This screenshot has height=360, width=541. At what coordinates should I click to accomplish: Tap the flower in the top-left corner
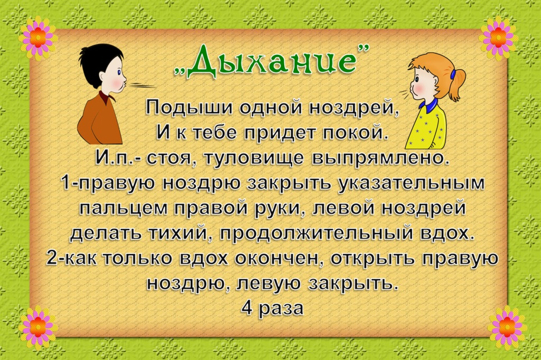pyautogui.click(x=38, y=37)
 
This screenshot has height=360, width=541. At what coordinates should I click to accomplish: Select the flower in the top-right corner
pyautogui.click(x=498, y=37)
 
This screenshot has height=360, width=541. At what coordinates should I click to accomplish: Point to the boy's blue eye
pyautogui.click(x=119, y=73)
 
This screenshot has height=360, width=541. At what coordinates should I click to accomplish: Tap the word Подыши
pyautogui.click(x=190, y=107)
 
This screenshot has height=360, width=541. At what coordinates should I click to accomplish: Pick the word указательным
pyautogui.click(x=411, y=184)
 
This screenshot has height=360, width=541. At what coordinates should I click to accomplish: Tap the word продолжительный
pyautogui.click(x=316, y=233)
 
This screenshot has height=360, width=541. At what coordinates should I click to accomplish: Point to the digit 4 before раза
pyautogui.click(x=247, y=308)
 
